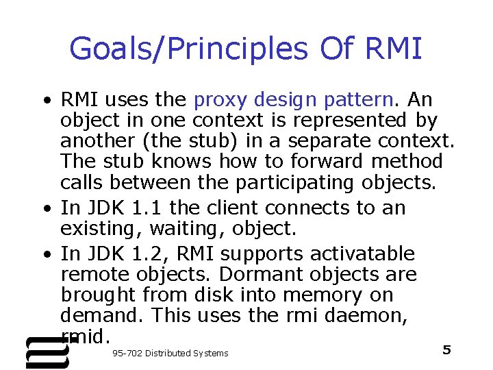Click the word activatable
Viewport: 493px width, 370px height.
click(x=362, y=254)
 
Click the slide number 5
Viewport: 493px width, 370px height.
click(x=446, y=350)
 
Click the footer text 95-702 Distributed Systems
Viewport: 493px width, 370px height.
click(x=169, y=353)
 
